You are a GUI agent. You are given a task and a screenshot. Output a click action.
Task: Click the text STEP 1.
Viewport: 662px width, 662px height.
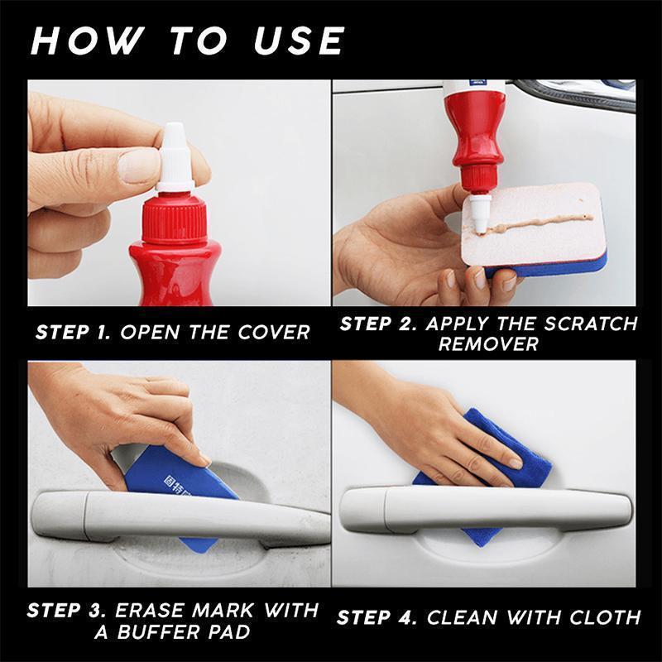click(74, 333)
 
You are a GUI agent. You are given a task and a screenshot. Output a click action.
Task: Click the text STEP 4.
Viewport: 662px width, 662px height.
click(377, 616)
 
